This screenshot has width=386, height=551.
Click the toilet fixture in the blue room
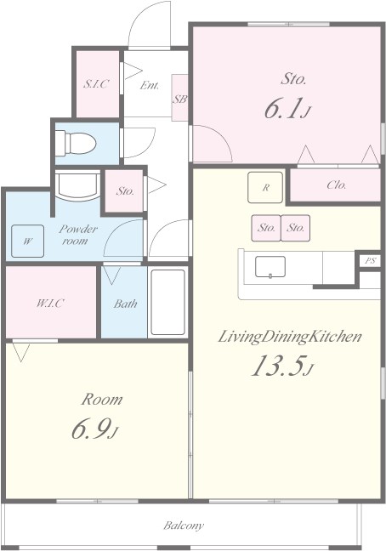pos(76,144)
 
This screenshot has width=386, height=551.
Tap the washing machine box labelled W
pos(28,241)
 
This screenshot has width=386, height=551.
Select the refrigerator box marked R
pos(265,187)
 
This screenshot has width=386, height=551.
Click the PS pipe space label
pos(370,261)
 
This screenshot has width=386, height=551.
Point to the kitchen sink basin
pos(270,267)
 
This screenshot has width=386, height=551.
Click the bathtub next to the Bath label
pos(167,302)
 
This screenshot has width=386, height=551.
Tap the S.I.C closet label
pos(97,84)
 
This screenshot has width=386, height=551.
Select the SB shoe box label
pos(179,99)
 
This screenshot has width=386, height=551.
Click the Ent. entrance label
pos(150,85)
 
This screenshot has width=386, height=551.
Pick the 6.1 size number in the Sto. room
pos(283,109)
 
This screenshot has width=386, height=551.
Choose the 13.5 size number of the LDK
pos(277,366)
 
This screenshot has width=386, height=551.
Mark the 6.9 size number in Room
pos(89,429)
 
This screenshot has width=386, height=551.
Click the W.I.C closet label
pos(50,304)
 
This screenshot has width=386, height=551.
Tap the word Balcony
pos(184,525)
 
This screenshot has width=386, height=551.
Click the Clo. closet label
pos(337,185)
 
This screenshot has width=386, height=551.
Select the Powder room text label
pos(78,235)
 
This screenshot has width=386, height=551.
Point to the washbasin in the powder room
pos(77,185)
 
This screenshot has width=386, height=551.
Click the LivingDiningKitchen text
pos(290,337)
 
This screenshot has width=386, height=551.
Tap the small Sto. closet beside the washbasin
pos(124,190)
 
